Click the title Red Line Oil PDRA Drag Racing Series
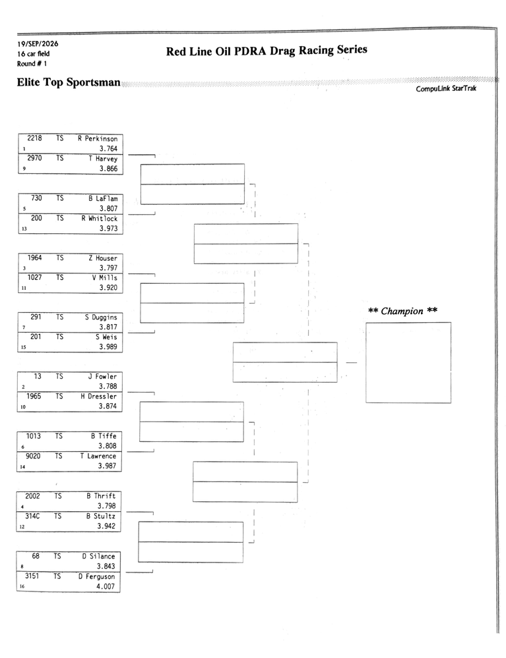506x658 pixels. [x=267, y=50]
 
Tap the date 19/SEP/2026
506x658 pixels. [x=38, y=43]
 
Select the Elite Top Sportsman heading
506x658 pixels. [x=69, y=82]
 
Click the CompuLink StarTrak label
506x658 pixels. [x=447, y=88]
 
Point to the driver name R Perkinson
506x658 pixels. [x=98, y=138]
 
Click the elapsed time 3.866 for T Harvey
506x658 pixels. [x=108, y=169]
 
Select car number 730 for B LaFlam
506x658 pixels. [x=36, y=198]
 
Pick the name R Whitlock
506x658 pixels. [x=100, y=218]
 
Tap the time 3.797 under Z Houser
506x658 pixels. [x=108, y=267]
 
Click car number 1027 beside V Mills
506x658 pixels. [x=34, y=277]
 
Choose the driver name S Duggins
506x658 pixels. [x=101, y=317]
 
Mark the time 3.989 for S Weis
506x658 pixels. [x=108, y=346]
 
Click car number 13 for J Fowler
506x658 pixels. [x=38, y=376]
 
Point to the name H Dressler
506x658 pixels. [x=99, y=396]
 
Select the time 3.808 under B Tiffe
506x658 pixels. [x=108, y=446]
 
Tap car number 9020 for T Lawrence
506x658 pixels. [x=33, y=456]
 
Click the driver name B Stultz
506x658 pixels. [x=101, y=516]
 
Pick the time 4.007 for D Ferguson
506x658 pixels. [x=106, y=586]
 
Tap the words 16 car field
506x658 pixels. [x=33, y=54]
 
